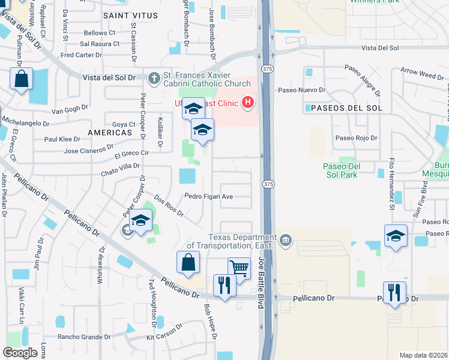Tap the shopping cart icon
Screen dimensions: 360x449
(239, 268)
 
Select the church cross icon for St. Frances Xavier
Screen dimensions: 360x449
(154, 77)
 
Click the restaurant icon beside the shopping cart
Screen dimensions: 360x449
(224, 285)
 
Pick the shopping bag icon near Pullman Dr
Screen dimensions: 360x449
(21, 79)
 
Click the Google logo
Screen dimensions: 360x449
(20, 353)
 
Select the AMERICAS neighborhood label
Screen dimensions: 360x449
(109, 132)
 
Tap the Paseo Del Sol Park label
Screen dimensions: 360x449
(340, 170)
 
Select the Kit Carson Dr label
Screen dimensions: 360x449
(164, 338)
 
